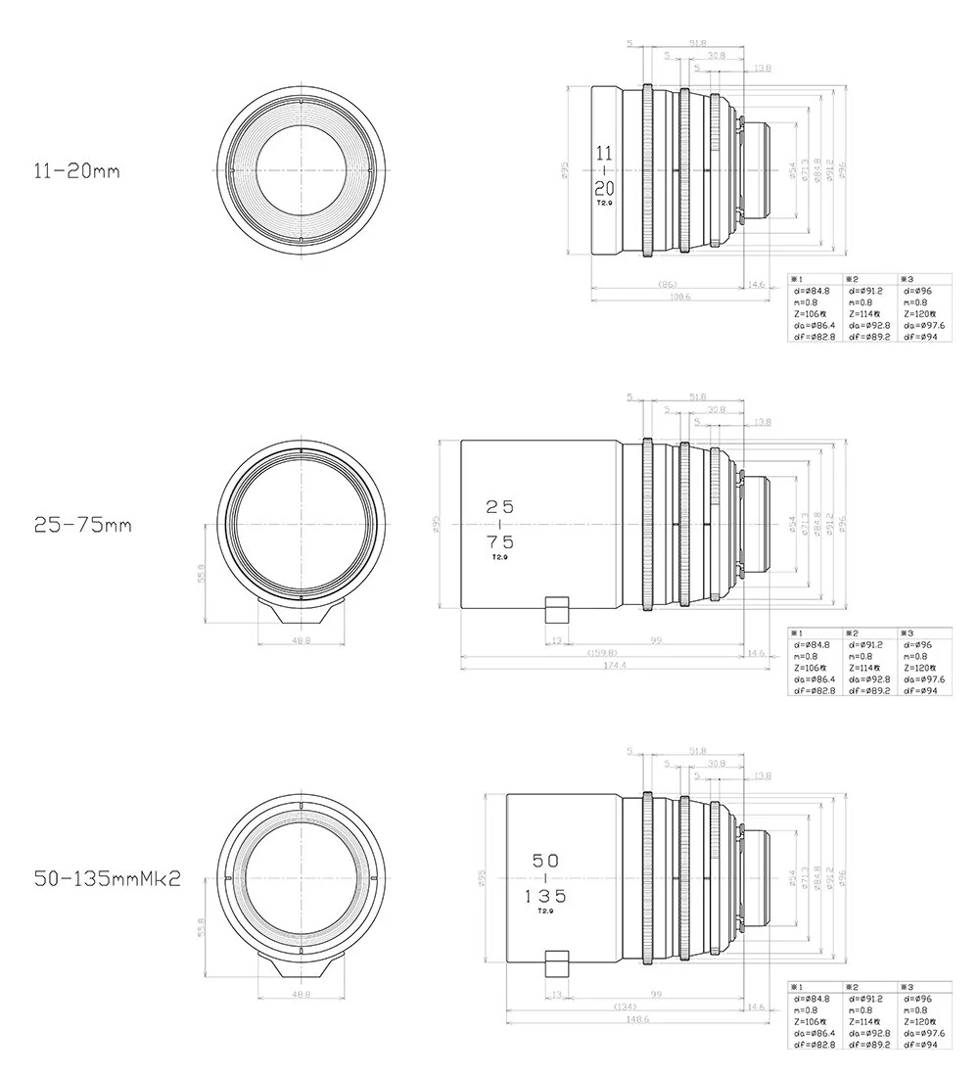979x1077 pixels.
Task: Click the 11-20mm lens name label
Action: point(76,170)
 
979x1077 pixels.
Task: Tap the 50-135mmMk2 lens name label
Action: point(107,878)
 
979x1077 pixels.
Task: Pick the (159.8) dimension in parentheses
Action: point(601,652)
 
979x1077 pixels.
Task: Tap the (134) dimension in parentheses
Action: point(624,1007)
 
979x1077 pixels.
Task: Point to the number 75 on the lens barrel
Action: point(500,541)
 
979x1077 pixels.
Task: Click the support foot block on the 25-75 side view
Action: point(556,608)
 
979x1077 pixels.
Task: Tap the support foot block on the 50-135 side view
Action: point(556,962)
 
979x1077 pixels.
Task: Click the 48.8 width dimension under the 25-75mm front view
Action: point(302,639)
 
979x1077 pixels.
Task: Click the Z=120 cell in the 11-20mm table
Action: point(923,313)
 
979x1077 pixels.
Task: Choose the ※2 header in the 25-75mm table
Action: point(852,633)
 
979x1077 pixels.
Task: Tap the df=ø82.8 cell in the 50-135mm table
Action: point(815,1045)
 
